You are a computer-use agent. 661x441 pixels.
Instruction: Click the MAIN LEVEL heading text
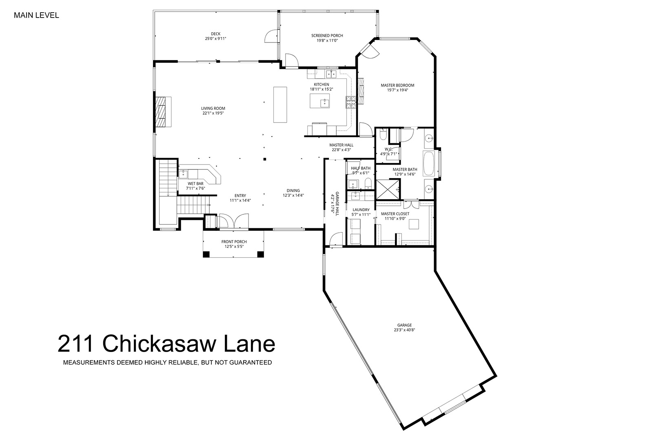(x=36, y=16)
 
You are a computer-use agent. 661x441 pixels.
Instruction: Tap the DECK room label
(x=216, y=34)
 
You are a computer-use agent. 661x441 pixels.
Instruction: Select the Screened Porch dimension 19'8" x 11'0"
(x=327, y=40)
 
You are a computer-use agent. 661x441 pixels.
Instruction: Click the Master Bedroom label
(x=397, y=85)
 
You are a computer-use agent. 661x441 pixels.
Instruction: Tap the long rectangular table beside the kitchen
(x=280, y=105)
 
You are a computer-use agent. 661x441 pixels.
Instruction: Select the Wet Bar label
(x=195, y=184)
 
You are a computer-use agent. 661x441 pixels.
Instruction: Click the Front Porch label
(x=234, y=242)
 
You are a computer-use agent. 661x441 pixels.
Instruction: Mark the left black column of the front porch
(x=206, y=254)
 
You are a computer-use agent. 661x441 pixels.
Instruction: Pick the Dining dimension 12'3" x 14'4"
(x=293, y=195)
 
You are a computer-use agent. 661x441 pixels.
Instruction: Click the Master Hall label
(x=342, y=145)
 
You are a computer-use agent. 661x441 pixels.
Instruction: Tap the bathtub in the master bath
(x=429, y=164)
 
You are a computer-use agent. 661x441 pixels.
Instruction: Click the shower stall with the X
(x=388, y=189)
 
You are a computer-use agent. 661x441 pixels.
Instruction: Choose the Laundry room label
(x=361, y=210)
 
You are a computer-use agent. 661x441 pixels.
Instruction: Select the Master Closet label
(x=395, y=214)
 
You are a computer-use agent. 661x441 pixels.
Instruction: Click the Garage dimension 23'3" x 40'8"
(x=404, y=330)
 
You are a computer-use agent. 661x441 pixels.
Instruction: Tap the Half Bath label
(x=361, y=168)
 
